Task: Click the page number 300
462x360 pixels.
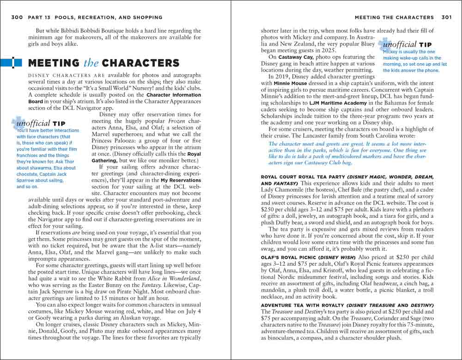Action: (17, 18)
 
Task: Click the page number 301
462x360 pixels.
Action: (446, 18)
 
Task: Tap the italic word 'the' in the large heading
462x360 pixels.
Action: (91, 63)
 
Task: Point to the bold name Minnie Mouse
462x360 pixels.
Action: (290, 84)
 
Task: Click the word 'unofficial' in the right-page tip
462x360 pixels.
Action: (398, 44)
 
